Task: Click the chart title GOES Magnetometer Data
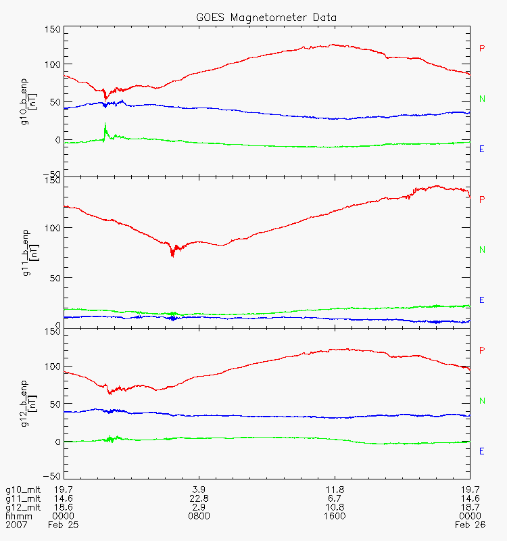267,17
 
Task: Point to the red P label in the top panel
482,49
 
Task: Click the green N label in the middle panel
482,250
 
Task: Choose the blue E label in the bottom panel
482,451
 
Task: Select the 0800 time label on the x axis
199,516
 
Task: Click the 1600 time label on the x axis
335,516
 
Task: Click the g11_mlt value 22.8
199,498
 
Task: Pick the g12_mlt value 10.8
335,507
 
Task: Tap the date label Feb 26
467,525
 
